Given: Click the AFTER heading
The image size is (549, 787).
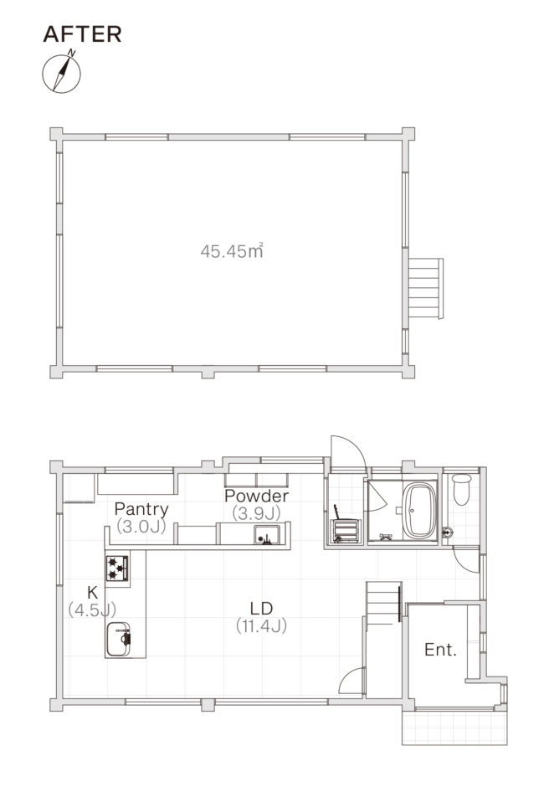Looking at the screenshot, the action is click(82, 34).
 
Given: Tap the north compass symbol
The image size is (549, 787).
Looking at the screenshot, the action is click(61, 72).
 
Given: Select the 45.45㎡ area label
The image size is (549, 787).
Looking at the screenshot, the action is click(232, 250).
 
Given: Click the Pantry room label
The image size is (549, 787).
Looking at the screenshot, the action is click(141, 509).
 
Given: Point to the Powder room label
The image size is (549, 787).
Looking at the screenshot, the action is click(256, 496).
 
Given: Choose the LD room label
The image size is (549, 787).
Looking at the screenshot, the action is click(261, 609).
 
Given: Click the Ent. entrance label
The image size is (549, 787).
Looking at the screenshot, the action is click(440, 650).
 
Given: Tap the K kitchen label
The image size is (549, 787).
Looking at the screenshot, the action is click(92, 592).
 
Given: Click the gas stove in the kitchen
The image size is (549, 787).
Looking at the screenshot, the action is click(117, 568).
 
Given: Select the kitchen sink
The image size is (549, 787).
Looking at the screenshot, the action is click(119, 639).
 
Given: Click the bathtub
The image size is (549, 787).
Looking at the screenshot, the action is click(420, 511).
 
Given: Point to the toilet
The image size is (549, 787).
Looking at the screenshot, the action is click(462, 489).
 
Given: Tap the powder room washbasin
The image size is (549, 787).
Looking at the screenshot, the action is click(267, 535).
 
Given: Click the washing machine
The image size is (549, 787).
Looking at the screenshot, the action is click(346, 532).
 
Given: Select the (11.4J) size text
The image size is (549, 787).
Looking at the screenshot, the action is click(261, 626).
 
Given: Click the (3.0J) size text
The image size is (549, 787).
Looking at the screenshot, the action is click(141, 527).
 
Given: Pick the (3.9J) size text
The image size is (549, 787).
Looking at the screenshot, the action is click(256, 513).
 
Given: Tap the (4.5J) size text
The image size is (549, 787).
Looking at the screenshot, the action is click(92, 610).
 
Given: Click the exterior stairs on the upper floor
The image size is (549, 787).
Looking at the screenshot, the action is click(425, 288).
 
